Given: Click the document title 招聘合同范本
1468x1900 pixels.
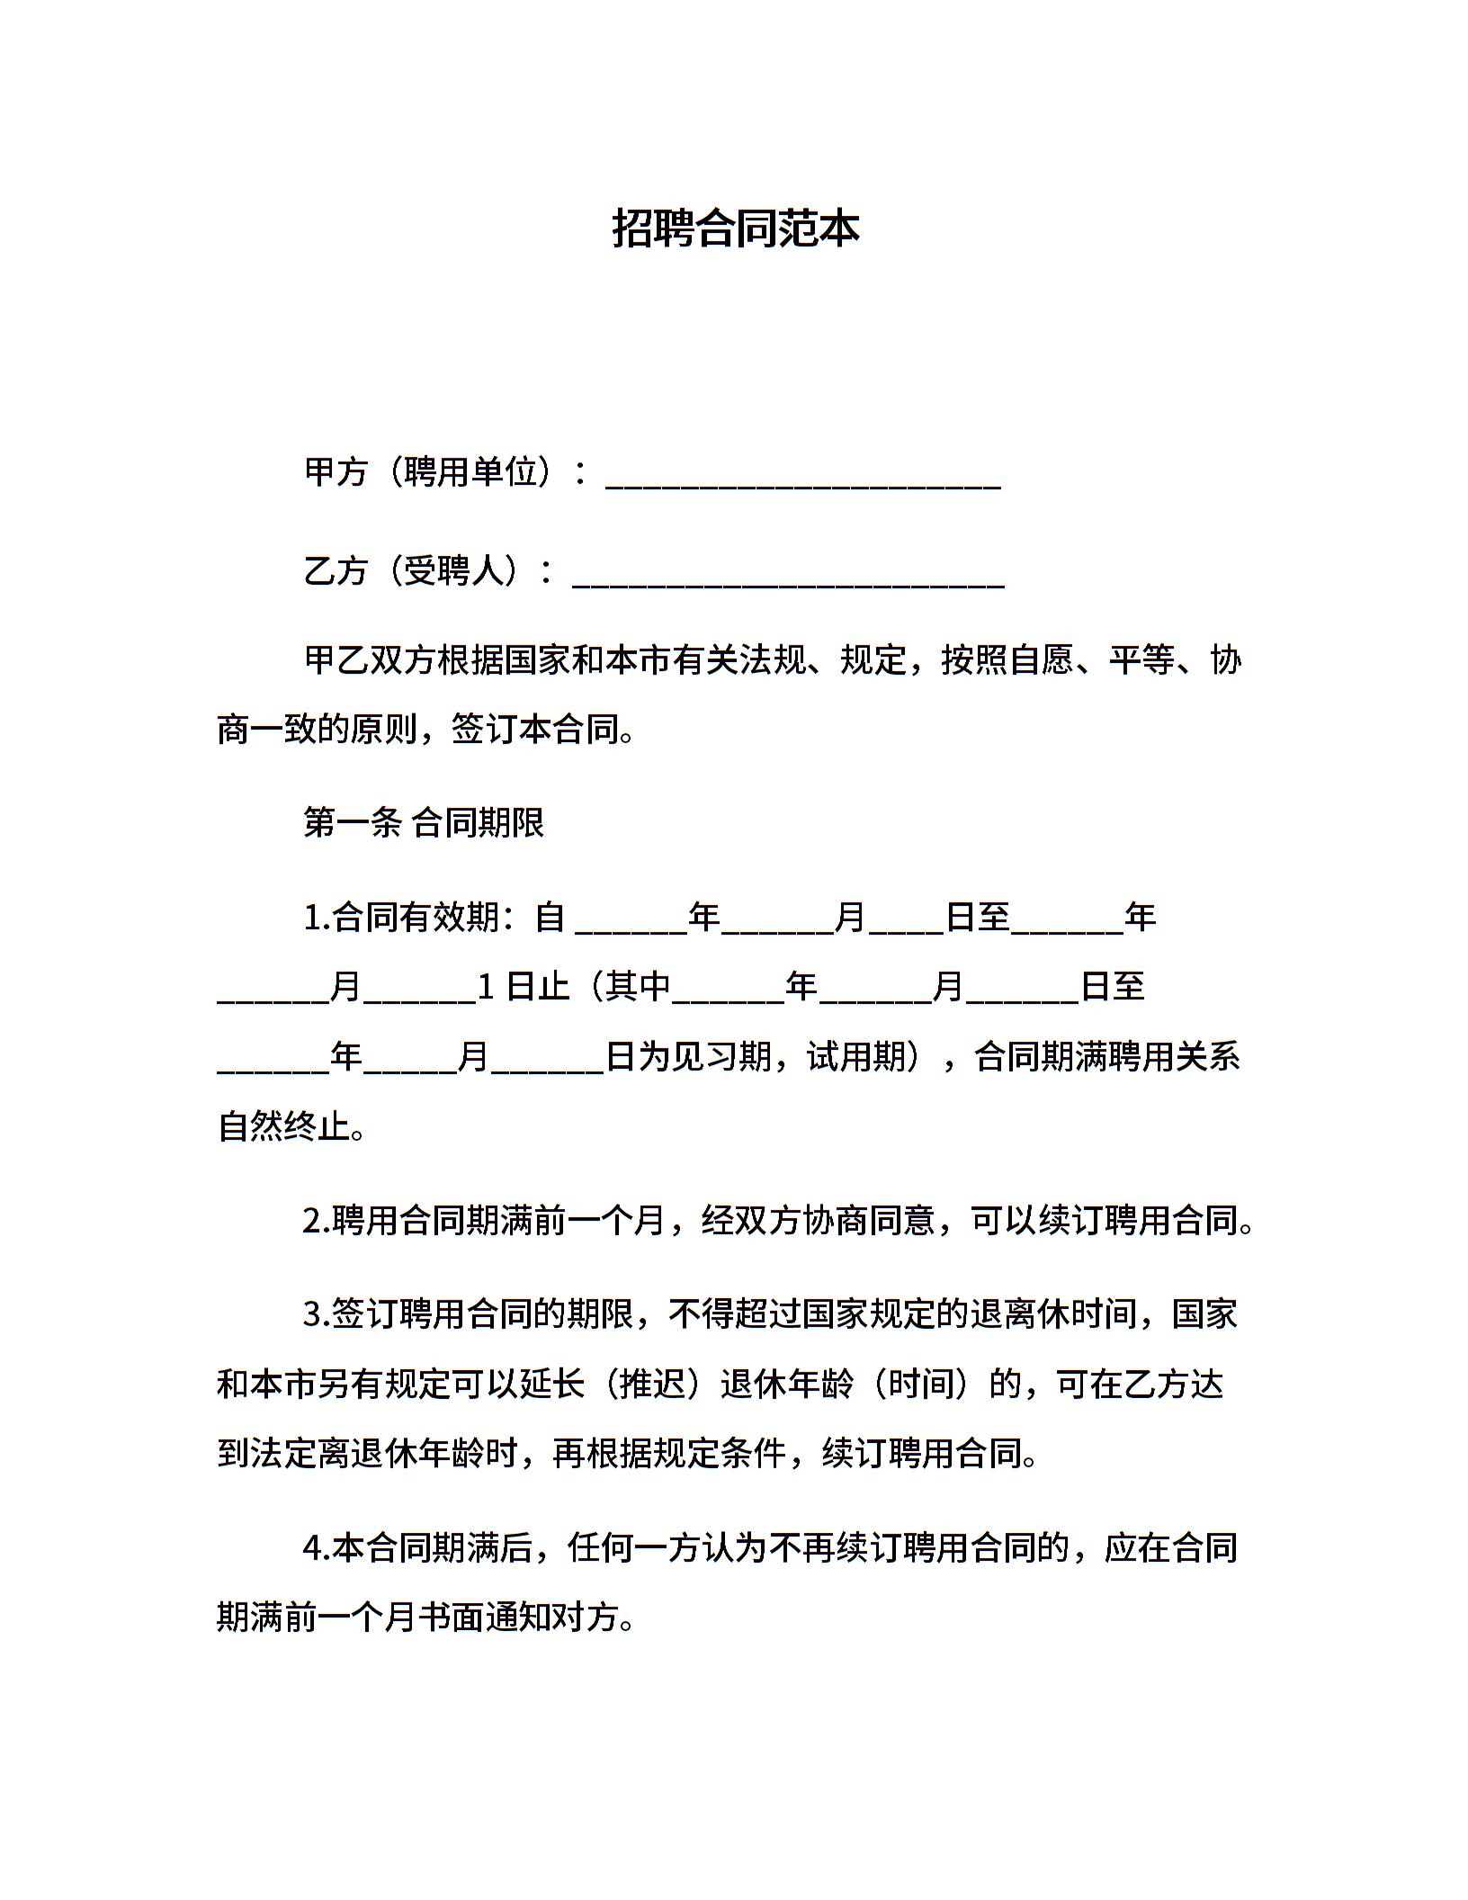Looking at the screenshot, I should point(735,229).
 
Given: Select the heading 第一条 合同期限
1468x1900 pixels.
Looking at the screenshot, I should point(424,822).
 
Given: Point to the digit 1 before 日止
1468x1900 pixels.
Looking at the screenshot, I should point(486,988).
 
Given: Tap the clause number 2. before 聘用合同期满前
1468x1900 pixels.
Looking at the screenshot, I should point(318,1221).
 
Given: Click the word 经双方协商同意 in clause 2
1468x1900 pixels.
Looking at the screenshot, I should point(819,1221).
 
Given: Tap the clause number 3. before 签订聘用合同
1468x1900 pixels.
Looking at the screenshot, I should point(318,1314).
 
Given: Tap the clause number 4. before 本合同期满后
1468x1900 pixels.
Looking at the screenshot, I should point(318,1548).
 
